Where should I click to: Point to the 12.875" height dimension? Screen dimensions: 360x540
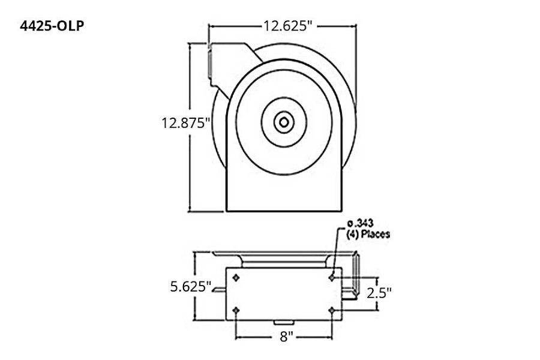coord(185,124)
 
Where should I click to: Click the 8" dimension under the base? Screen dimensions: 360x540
coord(286,337)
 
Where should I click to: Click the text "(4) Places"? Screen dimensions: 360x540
coord(368,234)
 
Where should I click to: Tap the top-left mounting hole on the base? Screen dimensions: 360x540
coord(236,277)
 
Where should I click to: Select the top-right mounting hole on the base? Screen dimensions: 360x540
coord(332,277)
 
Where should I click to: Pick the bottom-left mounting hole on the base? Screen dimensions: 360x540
coord(236,310)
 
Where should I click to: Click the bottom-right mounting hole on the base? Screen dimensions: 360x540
coord(332,310)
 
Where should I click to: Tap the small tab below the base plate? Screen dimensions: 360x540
coord(286,325)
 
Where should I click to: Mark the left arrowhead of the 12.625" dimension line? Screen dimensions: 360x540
coord(211,26)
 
